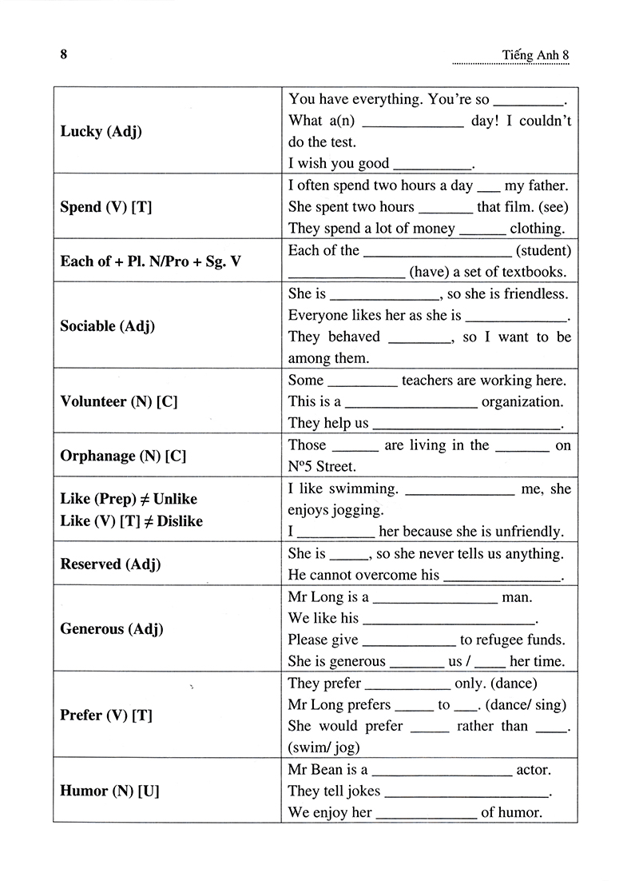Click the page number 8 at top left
[x=63, y=54]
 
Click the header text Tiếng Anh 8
[x=536, y=55]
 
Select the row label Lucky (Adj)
[x=101, y=131]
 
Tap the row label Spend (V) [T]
[x=105, y=207]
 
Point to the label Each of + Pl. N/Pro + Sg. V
[x=150, y=261]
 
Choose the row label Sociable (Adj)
[x=108, y=325]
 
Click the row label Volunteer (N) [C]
[x=118, y=401]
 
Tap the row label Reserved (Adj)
[x=110, y=564]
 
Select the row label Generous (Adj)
[x=111, y=628]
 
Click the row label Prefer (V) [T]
[x=105, y=715]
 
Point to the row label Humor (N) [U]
[x=109, y=791]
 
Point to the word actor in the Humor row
[x=534, y=770]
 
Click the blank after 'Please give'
[x=409, y=640]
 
